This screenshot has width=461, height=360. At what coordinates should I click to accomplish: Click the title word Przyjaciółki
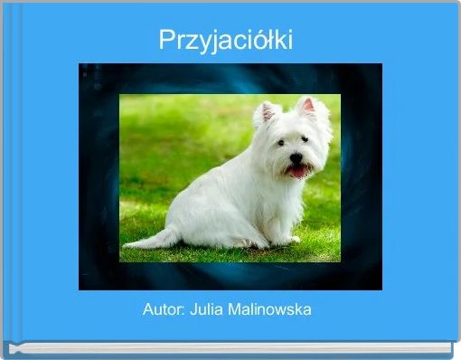point(226,41)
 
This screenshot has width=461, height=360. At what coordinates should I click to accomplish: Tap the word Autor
point(163,309)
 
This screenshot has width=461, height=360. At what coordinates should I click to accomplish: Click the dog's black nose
point(296,157)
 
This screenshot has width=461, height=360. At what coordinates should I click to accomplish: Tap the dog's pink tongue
point(298,171)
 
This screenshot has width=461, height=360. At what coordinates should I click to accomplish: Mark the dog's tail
point(149,241)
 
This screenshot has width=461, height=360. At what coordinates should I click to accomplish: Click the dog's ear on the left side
point(266,113)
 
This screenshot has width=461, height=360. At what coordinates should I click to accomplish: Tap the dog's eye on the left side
point(281,143)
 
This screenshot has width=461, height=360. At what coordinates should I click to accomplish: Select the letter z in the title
point(187,42)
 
